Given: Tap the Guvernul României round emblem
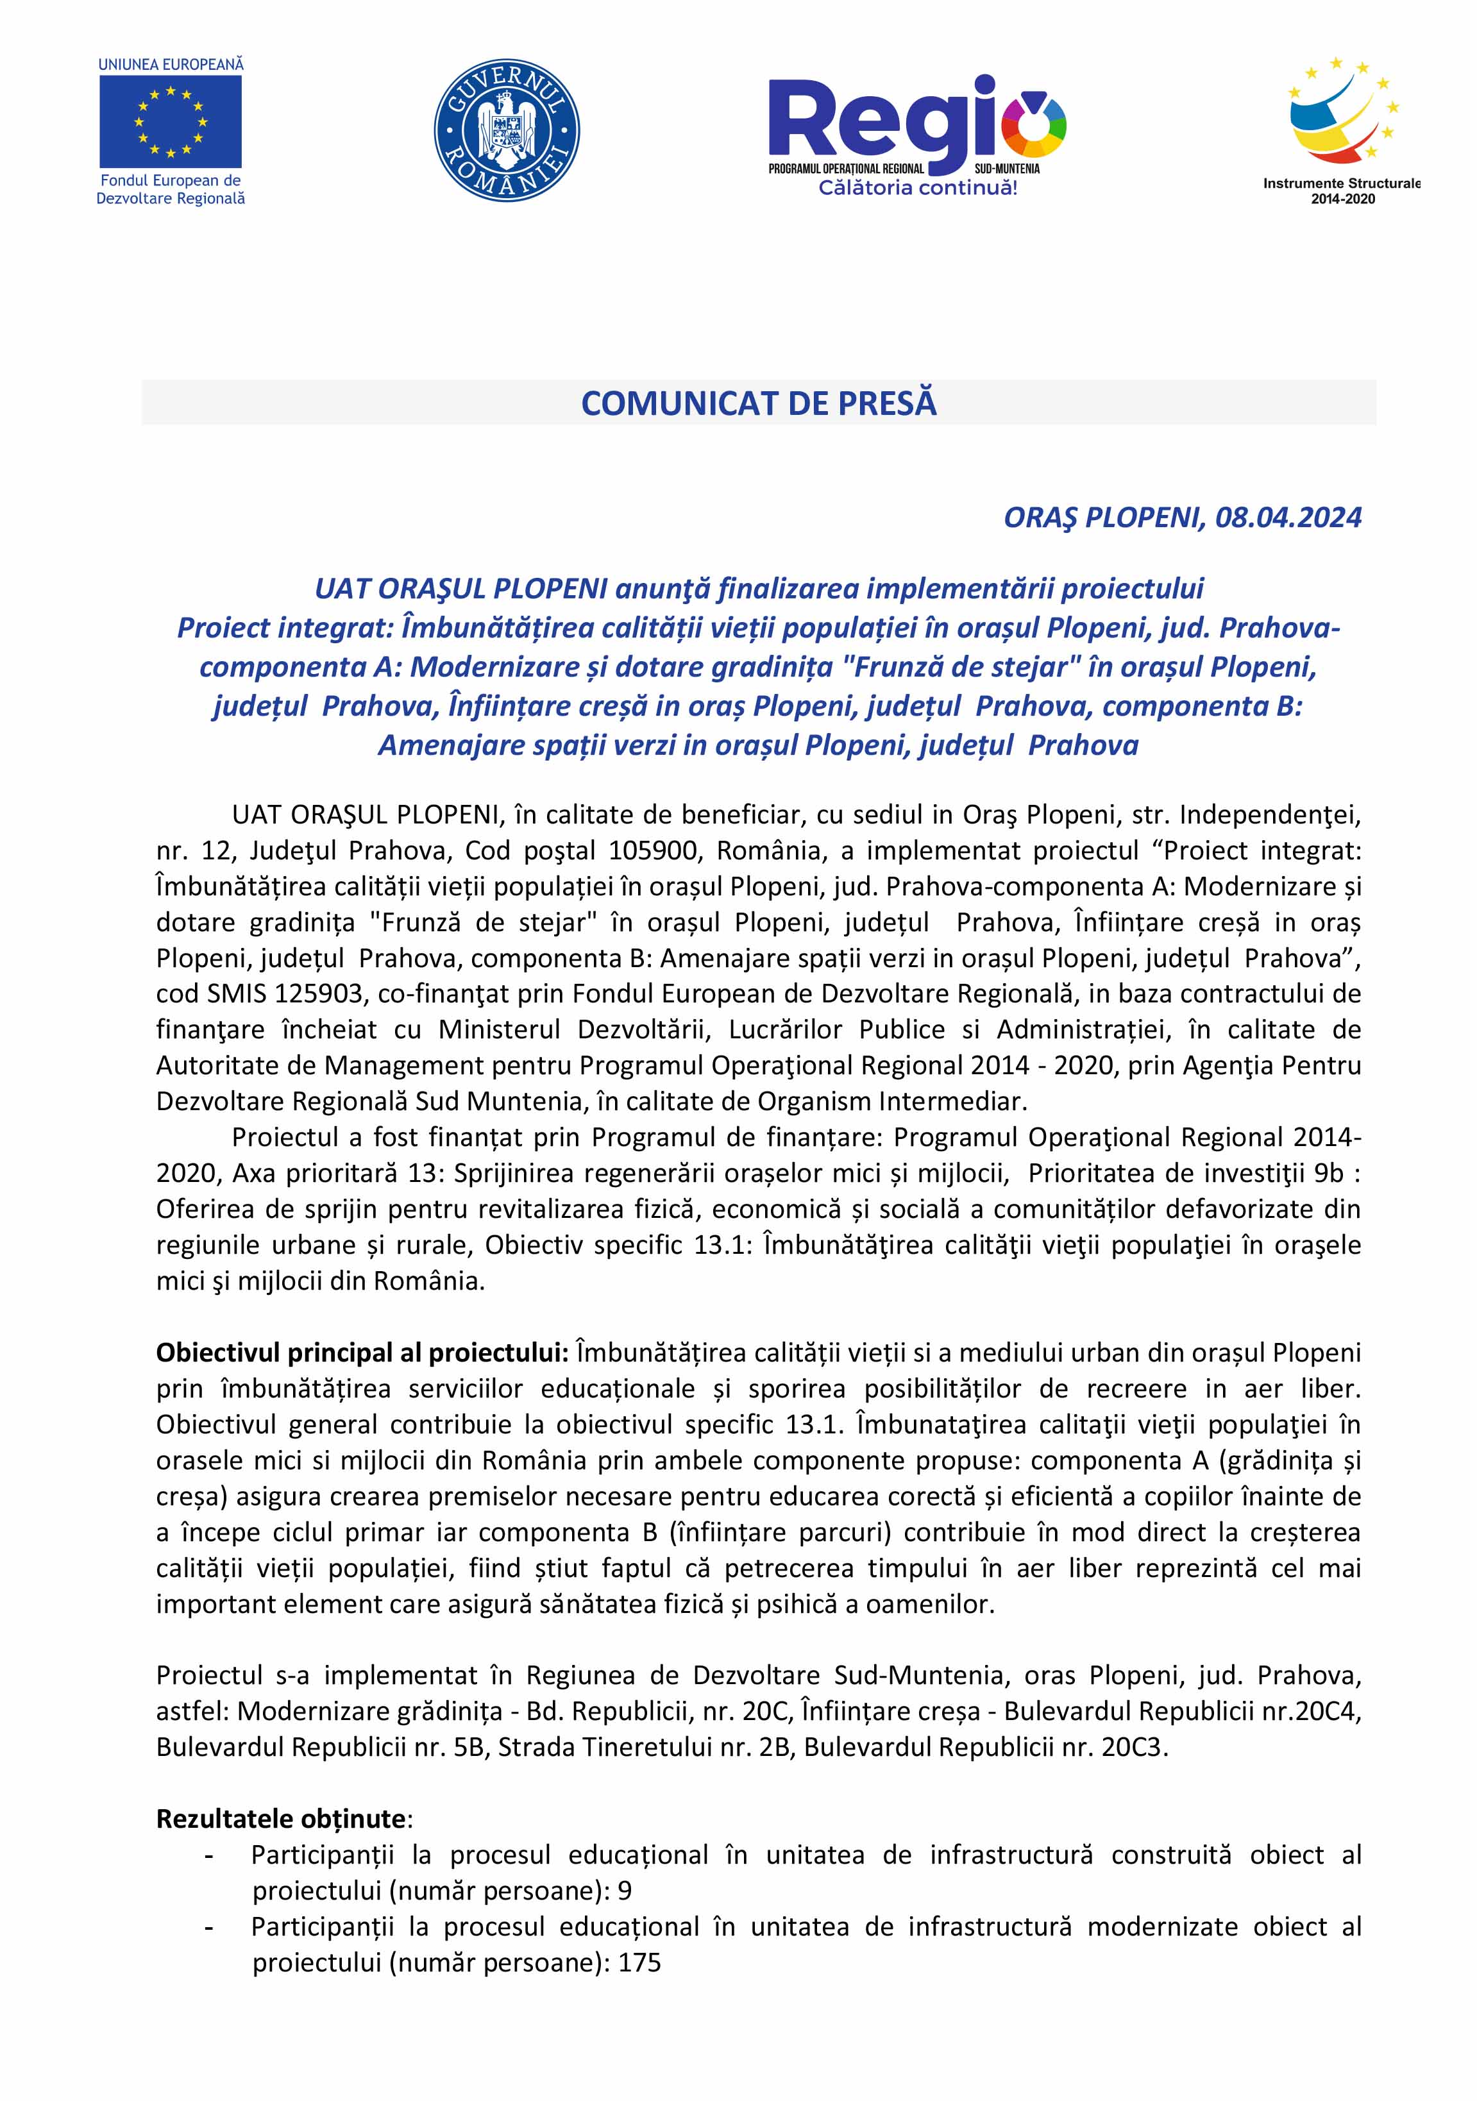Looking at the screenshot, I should pos(506,131).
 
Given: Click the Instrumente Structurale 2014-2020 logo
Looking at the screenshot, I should pos(1342,128).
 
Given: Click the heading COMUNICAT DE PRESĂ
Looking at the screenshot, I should pos(759,403).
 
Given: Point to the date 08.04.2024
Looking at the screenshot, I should pos(1288,518).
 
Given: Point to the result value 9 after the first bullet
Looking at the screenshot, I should pos(624,1891).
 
